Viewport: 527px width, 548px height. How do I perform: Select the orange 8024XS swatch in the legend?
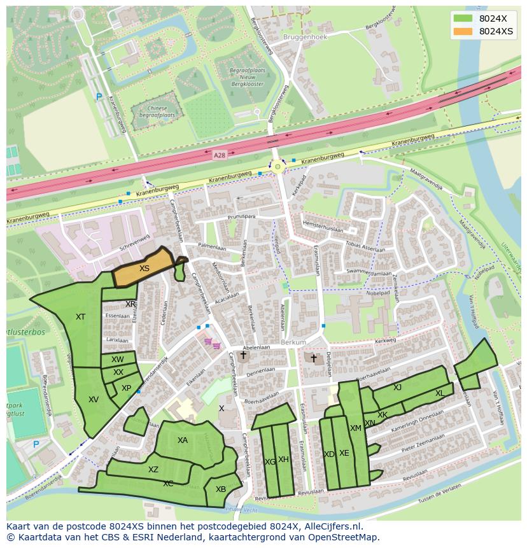pyautogui.click(x=463, y=31)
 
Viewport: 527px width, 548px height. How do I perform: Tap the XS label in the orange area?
pyautogui.click(x=144, y=269)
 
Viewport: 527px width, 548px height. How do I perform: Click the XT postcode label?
pyautogui.click(x=80, y=317)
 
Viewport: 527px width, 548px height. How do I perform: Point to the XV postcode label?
pyautogui.click(x=94, y=400)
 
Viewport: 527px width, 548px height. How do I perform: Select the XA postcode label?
pyautogui.click(x=183, y=440)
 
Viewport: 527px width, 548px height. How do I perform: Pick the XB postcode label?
pyautogui.click(x=221, y=489)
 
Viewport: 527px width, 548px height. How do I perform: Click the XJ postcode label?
pyautogui.click(x=397, y=388)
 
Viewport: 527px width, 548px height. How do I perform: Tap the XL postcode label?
pyautogui.click(x=440, y=393)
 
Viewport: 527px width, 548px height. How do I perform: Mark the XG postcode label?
pyautogui.click(x=270, y=461)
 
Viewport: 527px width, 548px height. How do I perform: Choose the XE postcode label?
pyautogui.click(x=344, y=453)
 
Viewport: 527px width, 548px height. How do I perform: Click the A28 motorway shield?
pyautogui.click(x=220, y=155)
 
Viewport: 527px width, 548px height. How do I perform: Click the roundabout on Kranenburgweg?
pyautogui.click(x=278, y=166)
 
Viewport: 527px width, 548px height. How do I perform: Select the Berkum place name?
pyautogui.click(x=293, y=342)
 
